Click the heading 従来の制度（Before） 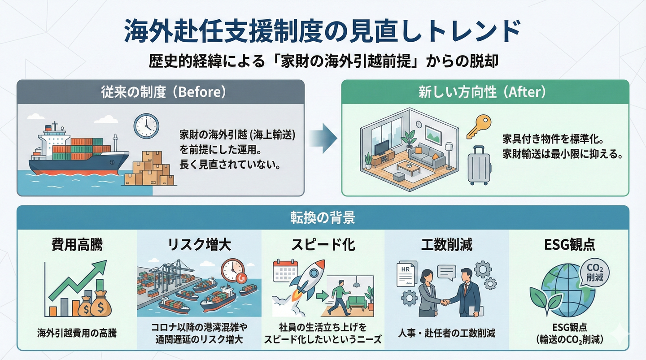click(161, 92)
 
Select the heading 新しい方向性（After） click(485, 92)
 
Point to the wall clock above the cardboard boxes click(146, 125)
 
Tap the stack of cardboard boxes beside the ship click(151, 169)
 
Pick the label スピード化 click(323, 245)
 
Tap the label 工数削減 click(447, 245)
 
